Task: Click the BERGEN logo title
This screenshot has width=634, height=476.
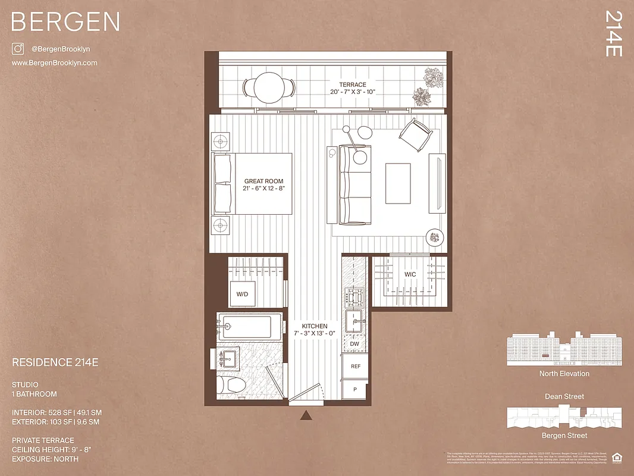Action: point(65,22)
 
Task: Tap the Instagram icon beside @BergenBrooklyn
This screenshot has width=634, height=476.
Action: point(18,49)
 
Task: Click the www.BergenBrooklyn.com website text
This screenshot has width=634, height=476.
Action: point(55,63)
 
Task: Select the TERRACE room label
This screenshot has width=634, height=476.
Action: point(353,84)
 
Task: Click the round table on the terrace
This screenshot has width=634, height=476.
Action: point(269,88)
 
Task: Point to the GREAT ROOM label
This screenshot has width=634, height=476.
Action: point(263,181)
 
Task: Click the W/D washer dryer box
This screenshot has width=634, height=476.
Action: point(242,294)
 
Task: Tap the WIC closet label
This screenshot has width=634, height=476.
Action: point(410,274)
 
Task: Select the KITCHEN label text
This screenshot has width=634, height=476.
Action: point(314,327)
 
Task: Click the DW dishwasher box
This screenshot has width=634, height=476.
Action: point(354,344)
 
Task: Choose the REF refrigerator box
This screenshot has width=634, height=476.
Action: point(356,367)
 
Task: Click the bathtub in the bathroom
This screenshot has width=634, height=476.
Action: point(245,327)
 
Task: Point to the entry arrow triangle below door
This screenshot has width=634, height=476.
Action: point(306,415)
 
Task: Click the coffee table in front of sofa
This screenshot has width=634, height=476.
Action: point(398,183)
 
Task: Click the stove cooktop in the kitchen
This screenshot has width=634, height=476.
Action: point(356,296)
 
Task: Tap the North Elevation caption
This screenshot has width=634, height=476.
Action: point(564,374)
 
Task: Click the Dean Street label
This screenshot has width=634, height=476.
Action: point(564,396)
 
